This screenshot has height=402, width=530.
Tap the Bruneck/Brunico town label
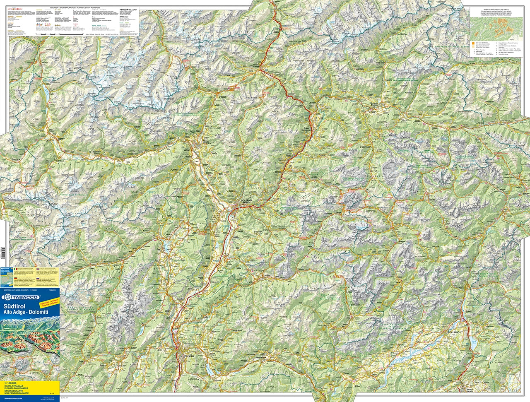pyautogui.click(x=375, y=105)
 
